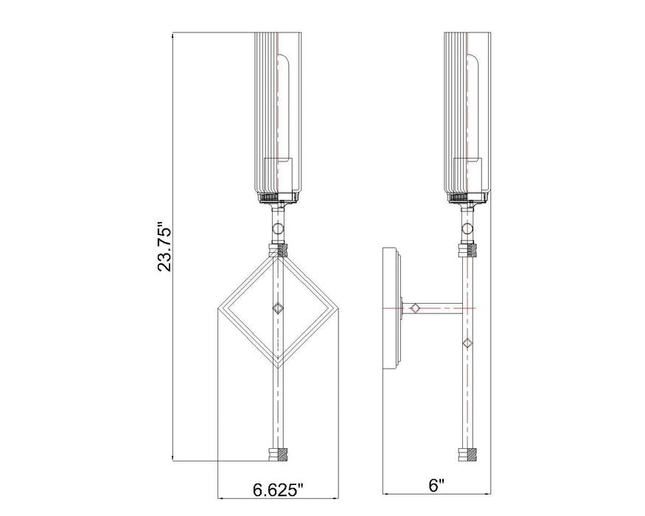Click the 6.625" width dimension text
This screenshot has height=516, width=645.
(x=278, y=488)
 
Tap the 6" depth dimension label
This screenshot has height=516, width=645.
(x=436, y=485)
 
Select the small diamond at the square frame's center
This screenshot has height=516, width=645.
(x=278, y=308)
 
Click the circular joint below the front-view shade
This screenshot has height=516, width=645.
(x=279, y=226)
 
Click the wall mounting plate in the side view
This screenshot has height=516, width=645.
(x=391, y=307)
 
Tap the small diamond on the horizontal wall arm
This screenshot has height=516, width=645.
(x=416, y=307)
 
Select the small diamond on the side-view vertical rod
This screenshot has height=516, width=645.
(x=467, y=344)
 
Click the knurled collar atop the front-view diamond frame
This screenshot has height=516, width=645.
(x=278, y=251)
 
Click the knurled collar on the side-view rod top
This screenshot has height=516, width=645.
(x=467, y=251)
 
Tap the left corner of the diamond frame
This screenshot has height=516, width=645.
(x=220, y=308)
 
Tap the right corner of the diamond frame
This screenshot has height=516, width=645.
(x=336, y=308)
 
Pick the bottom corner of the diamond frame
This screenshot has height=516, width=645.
(x=278, y=366)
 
